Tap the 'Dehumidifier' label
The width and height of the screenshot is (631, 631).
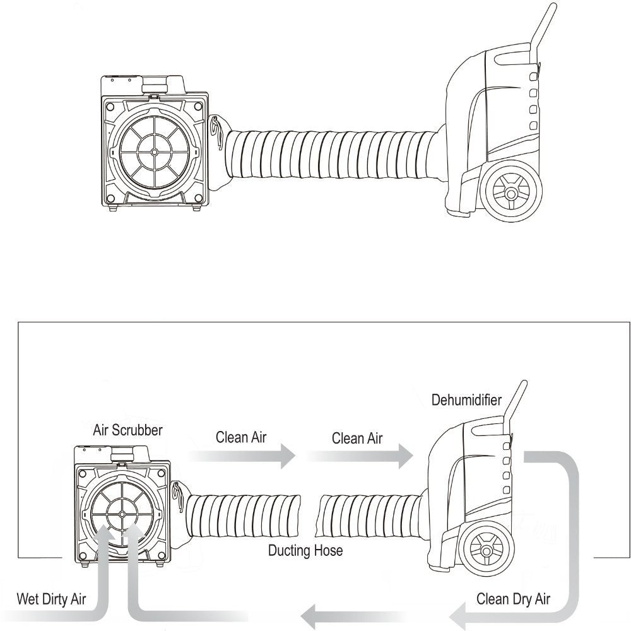466,400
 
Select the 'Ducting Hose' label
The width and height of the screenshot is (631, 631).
305,550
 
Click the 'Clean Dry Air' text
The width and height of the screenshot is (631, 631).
513,599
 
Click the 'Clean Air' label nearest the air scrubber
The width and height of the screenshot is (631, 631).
241,437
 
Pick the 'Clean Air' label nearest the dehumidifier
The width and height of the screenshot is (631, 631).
357,437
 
